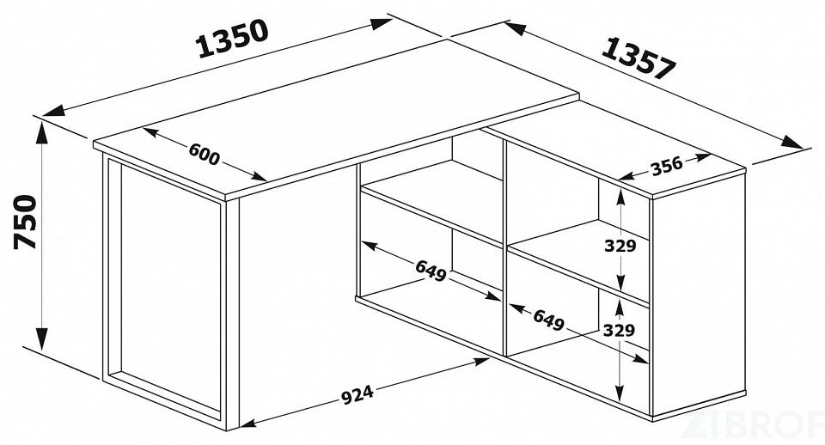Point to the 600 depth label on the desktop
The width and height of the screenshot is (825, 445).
click(205, 154)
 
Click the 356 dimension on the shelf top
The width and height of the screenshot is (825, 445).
click(667, 166)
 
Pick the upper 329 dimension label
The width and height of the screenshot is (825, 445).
click(620, 246)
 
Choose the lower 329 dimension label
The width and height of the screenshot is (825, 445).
click(619, 331)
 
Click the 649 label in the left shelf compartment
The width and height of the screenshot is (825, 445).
click(431, 271)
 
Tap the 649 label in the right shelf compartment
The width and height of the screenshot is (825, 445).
click(549, 320)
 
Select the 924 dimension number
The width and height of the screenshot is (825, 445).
click(357, 395)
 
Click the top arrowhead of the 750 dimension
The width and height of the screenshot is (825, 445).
click(41, 132)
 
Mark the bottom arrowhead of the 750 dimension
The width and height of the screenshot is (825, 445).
click(41, 338)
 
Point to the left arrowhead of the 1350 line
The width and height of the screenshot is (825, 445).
click(54, 111)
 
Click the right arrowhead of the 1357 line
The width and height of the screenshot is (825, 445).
click(792, 143)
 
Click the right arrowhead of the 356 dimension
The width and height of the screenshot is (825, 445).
click(703, 156)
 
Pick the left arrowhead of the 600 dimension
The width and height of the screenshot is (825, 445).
click(150, 132)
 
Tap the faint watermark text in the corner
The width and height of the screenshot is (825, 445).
click(753, 426)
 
